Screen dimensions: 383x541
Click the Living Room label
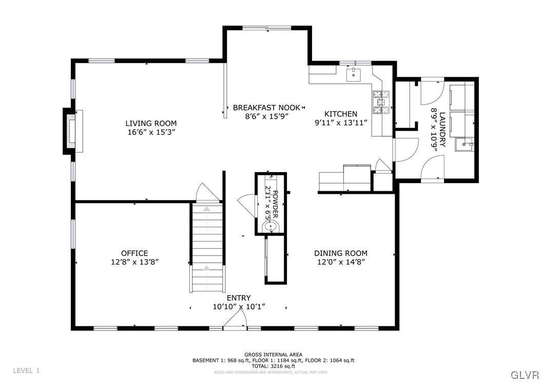pyautogui.click(x=151, y=123)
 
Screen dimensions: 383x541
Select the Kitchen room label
pyautogui.click(x=340, y=114)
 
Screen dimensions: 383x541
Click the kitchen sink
pyautogui.click(x=354, y=75)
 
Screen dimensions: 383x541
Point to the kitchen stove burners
pyautogui.click(x=380, y=101)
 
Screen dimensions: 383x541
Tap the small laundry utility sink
pyautogui.click(x=467, y=144)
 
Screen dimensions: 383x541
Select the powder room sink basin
pyautogui.click(x=270, y=226)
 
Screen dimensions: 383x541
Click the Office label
pyautogui.click(x=134, y=253)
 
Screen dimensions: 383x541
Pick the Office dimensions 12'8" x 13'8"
pyautogui.click(x=134, y=262)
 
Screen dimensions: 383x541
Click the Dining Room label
pyautogui.click(x=340, y=253)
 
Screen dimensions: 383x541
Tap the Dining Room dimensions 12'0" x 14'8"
pyautogui.click(x=340, y=262)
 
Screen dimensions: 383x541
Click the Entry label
pyautogui.click(x=239, y=298)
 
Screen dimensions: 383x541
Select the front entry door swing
pyautogui.click(x=235, y=322)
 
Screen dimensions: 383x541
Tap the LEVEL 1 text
pyautogui.click(x=26, y=370)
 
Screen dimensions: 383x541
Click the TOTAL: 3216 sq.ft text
pyautogui.click(x=273, y=366)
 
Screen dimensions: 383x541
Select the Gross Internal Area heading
pyautogui.click(x=273, y=355)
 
